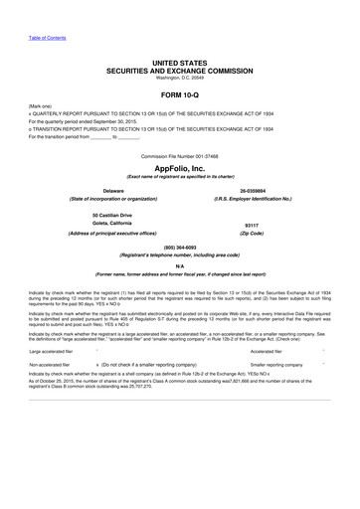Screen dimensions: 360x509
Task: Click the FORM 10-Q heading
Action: coord(180,94)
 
